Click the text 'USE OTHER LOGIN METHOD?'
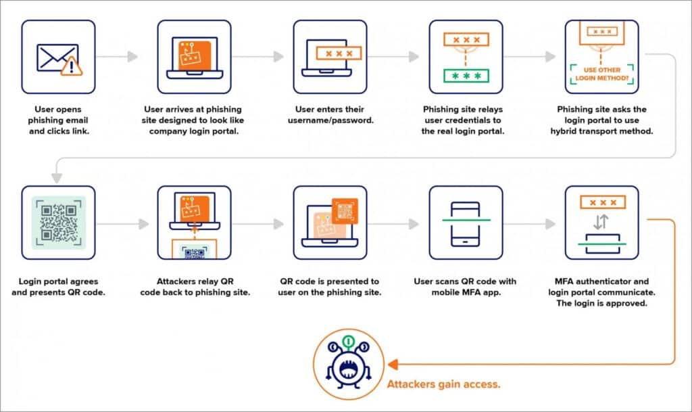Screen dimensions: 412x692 coord(601,76)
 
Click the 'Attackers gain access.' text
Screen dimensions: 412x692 coord(443,384)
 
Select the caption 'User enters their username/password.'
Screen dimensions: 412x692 coord(330,114)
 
